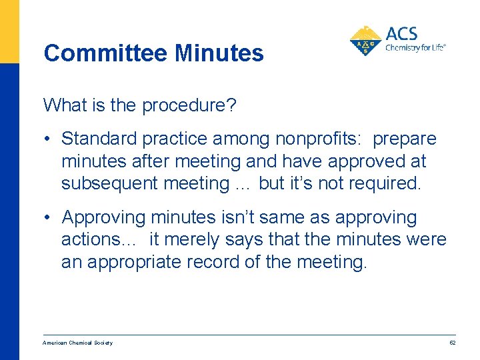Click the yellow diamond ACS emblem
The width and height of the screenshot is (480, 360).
[x=365, y=41]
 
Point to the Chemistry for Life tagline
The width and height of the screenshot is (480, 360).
[x=415, y=47]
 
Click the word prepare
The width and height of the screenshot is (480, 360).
[x=405, y=139]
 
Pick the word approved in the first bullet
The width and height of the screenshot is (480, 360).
[x=367, y=161]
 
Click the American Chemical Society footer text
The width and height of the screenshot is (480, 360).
[x=78, y=343]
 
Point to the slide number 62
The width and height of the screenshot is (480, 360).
[x=452, y=343]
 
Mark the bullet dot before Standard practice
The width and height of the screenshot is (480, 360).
[x=49, y=139]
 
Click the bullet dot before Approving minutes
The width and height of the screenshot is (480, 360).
[x=49, y=218]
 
